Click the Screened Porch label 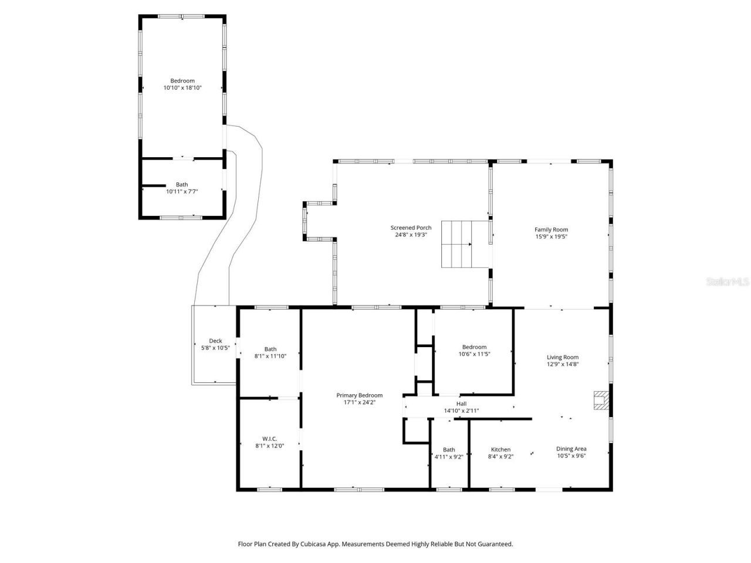[x=411, y=228]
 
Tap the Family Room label [x=551, y=229]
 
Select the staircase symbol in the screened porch [x=465, y=243]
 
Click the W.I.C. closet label [x=269, y=439]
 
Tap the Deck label [x=215, y=341]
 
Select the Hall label [x=461, y=403]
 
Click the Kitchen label [x=500, y=449]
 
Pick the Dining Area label [x=571, y=449]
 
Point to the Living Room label [x=563, y=357]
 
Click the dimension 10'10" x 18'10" [x=182, y=88]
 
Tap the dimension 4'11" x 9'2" [x=449, y=457]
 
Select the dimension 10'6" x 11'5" [x=474, y=354]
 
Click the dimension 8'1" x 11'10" [x=270, y=356]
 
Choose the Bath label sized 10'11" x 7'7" [x=182, y=184]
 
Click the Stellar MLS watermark [x=727, y=281]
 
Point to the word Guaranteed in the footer [x=493, y=544]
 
